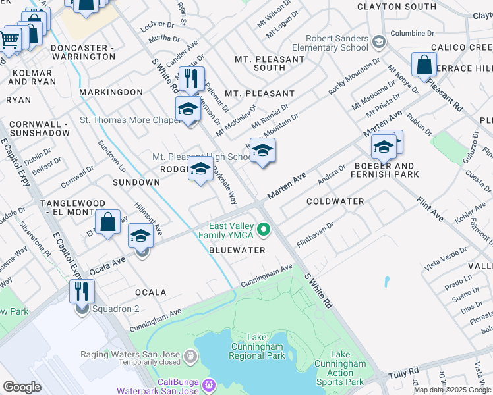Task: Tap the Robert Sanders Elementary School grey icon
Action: [379, 43]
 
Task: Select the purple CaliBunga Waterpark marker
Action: [210, 384]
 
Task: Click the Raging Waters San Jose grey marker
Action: [190, 356]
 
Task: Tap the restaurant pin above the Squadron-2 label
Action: [82, 292]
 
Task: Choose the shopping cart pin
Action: [9, 39]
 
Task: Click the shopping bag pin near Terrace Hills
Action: [424, 66]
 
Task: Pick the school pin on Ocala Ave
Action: [140, 236]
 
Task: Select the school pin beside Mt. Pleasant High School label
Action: [262, 151]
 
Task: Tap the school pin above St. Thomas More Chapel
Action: [188, 109]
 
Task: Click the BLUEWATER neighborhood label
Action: [237, 250]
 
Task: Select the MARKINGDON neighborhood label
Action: [111, 92]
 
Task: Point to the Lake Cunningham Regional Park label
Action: [256, 351]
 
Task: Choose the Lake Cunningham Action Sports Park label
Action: [340, 368]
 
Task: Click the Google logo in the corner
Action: [22, 387]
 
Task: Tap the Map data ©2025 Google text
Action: [452, 390]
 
